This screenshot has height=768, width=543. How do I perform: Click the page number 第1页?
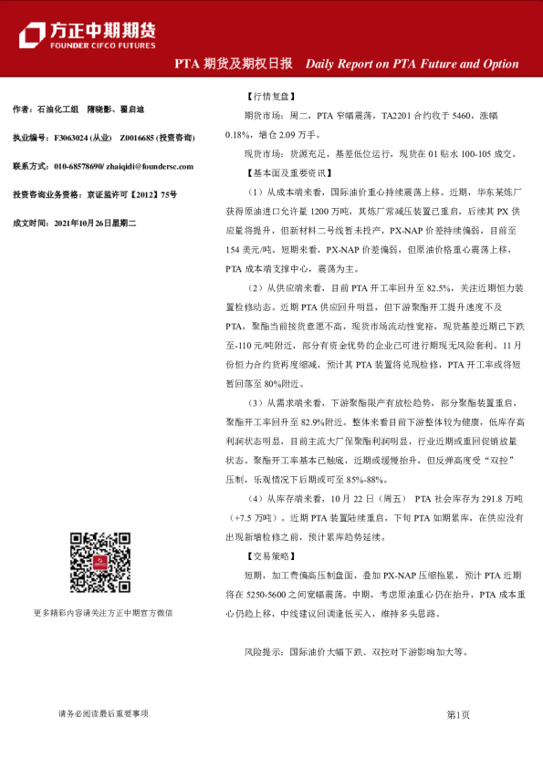pos(457,715)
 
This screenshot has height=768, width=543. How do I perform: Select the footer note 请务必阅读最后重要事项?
pos(102,714)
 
